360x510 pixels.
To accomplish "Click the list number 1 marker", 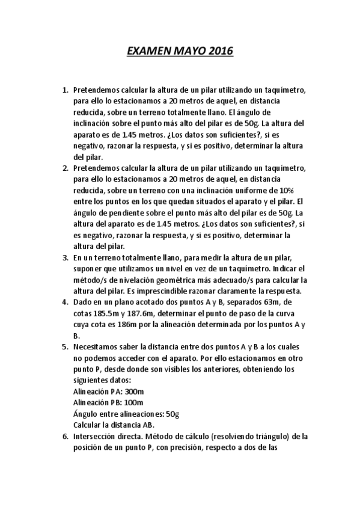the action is click(65, 90).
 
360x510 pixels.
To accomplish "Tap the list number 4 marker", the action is click(65, 302).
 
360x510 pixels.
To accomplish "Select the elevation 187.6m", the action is click(142, 313).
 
